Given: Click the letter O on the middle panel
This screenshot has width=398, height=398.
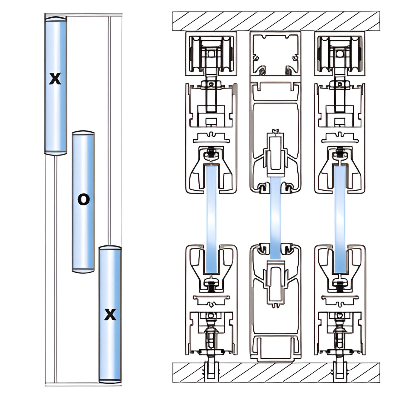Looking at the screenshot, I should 83,200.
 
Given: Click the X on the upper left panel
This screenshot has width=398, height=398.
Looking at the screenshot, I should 55,79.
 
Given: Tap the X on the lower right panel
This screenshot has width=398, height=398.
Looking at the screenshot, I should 110,315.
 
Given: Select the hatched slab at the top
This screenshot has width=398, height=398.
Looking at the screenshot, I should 276,21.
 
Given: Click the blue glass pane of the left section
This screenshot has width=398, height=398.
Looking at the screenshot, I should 211,218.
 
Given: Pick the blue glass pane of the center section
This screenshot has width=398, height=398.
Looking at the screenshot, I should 275,218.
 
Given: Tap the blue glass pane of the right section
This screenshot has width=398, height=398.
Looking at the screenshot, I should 340,218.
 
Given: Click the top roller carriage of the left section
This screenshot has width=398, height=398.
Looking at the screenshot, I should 211,54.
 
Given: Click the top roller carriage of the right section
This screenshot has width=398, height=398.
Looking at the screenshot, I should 340,54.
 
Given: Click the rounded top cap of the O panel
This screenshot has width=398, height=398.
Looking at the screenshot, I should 83,133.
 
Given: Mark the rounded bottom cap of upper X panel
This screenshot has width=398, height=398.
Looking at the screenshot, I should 56,152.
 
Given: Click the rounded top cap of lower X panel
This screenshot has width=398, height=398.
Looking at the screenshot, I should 110,248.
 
